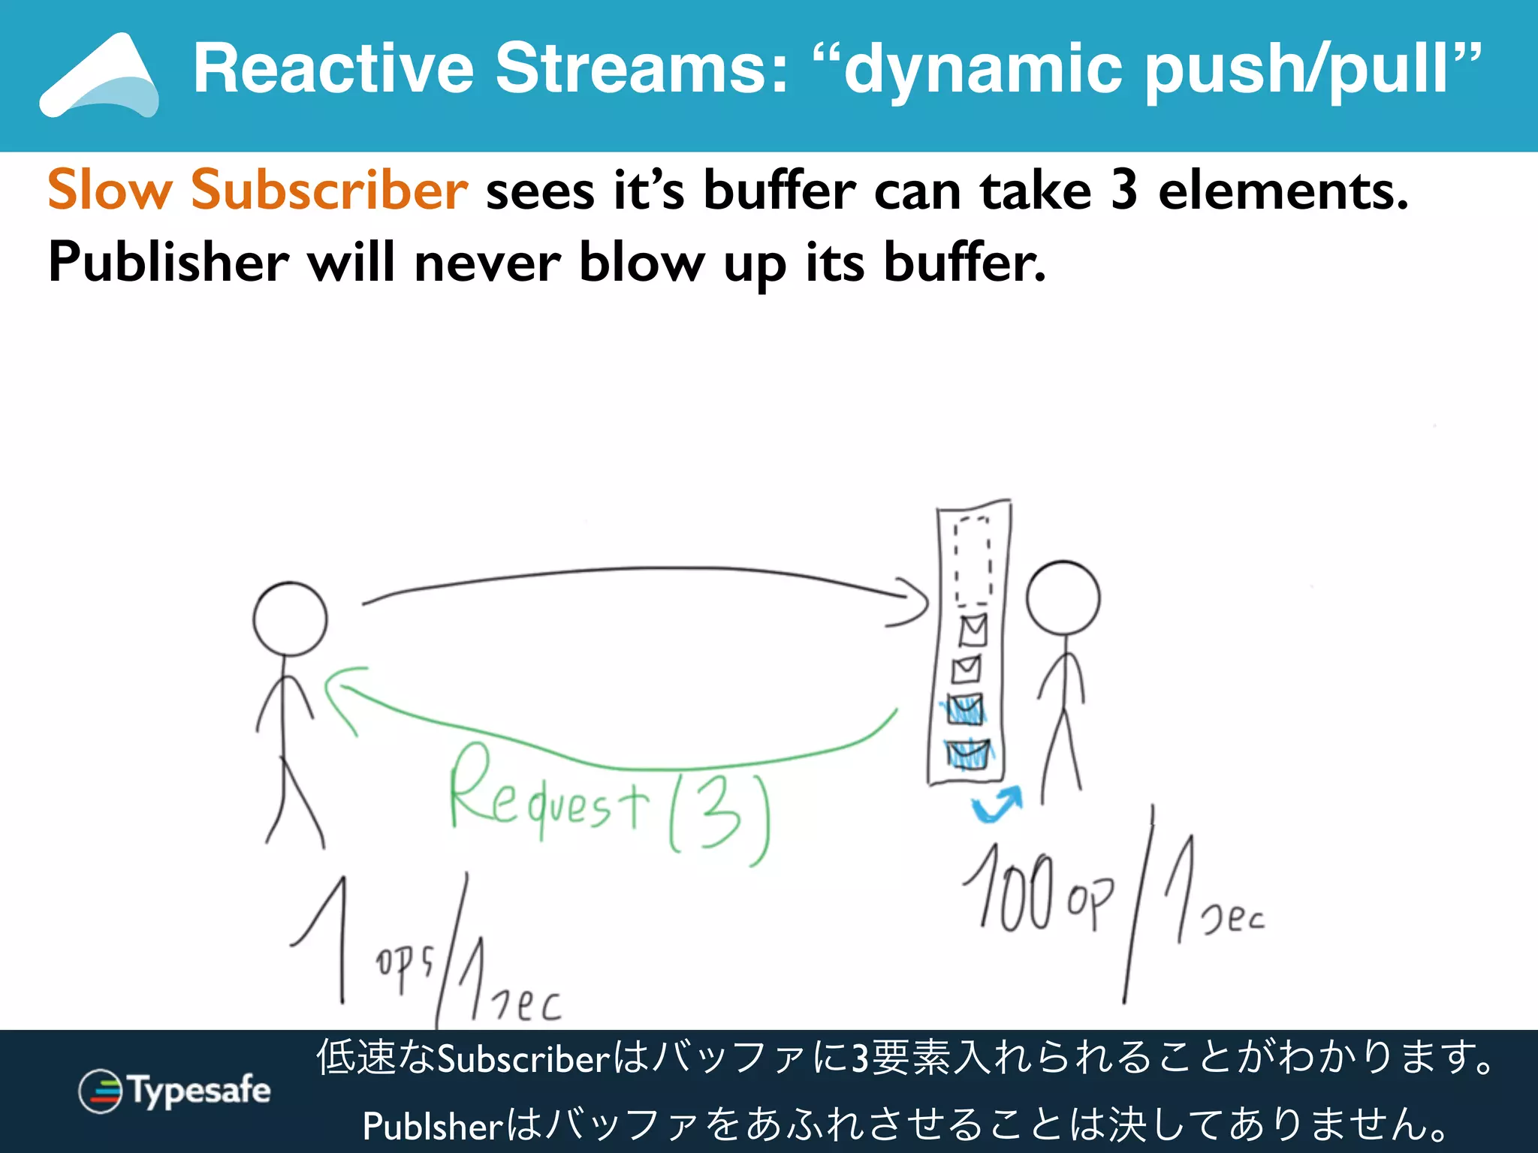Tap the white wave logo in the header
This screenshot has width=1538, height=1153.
point(100,78)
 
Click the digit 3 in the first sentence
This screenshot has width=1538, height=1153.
point(1123,190)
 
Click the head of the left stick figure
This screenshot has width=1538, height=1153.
point(290,619)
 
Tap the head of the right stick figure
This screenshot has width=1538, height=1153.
point(1063,598)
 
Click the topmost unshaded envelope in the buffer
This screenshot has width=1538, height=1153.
point(973,630)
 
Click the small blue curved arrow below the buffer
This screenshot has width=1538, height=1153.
point(997,805)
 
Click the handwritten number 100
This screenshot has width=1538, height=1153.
point(1010,890)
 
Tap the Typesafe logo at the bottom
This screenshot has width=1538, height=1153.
point(175,1091)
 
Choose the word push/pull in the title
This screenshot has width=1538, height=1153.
point(1311,69)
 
